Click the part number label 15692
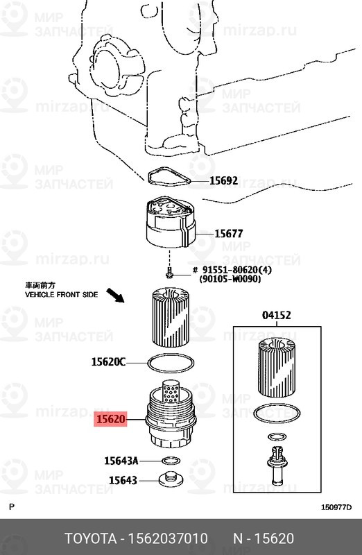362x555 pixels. pos(223,181)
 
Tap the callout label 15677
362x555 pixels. pos(229,234)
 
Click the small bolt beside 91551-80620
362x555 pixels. pos(169,273)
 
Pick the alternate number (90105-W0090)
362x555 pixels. pos(230,280)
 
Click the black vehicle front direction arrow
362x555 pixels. pos(116,296)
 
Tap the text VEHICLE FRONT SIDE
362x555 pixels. pos(61,294)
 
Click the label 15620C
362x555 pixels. pos(108,361)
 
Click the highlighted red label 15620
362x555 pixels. pos(111,420)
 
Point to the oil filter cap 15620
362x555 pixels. pos(171,418)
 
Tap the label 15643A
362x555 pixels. pos(121,461)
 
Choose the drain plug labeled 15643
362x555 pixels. pos(171,479)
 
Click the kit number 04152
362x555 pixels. pos(277,315)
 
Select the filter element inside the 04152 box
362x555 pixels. pos(277,367)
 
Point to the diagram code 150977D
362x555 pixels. pos(336,507)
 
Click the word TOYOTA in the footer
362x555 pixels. pos(91,539)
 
